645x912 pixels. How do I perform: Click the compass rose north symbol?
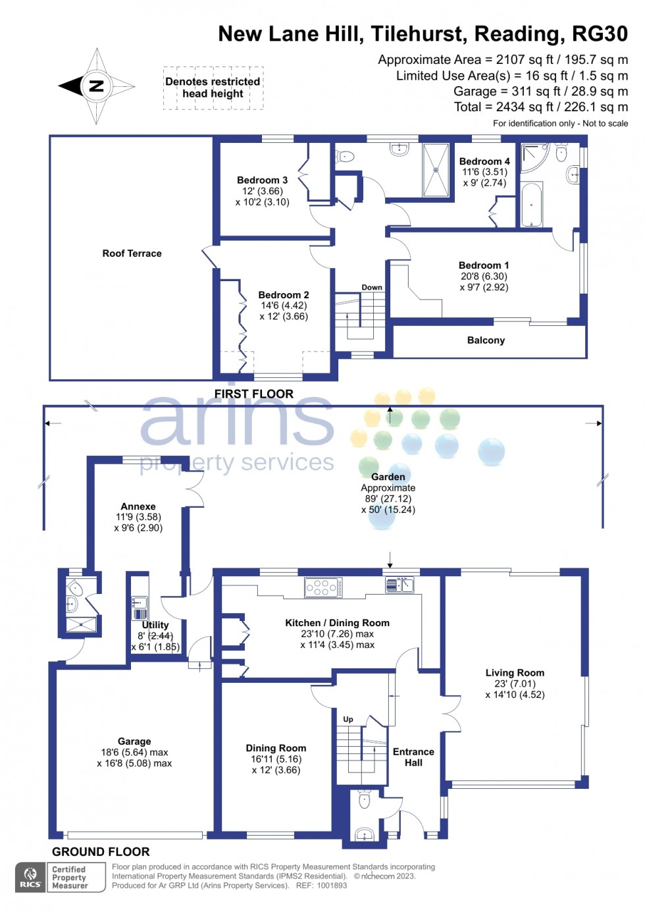pos(96,86)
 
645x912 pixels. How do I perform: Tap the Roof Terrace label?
pos(132,254)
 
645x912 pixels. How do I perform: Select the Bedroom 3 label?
pos(262,180)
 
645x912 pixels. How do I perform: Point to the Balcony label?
pos(486,340)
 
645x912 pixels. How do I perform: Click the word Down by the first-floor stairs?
pos(372,287)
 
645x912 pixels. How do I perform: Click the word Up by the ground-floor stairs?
pos(348,719)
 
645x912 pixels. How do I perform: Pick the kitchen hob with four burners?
pos(322,587)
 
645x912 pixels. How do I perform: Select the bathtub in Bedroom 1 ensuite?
pos(531,204)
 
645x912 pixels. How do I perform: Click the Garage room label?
pos(134,741)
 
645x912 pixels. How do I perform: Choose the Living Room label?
pos(515,673)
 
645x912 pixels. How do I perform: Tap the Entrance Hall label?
pos(413,757)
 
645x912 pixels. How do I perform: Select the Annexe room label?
pos(138,506)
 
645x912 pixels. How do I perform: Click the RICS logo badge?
pos(30,877)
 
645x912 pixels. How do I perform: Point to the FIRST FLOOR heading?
pos(254,394)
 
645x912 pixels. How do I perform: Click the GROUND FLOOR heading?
pos(101,851)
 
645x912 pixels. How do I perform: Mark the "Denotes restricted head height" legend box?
pos(213,88)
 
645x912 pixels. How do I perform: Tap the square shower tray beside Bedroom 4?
pos(436,170)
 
